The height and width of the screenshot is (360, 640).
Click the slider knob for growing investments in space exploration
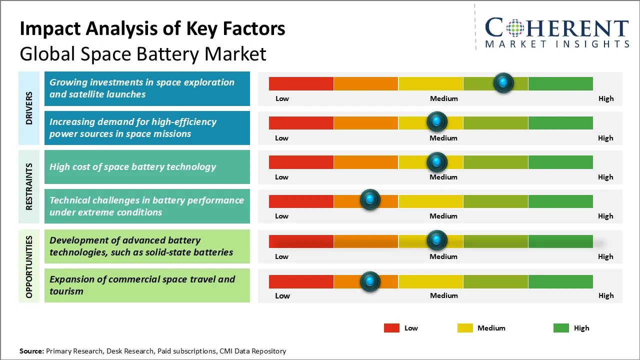point(503,82)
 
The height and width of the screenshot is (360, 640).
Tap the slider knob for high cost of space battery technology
point(437,162)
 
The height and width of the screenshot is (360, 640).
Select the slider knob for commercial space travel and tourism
point(370,281)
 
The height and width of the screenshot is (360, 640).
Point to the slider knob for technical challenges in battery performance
point(370,200)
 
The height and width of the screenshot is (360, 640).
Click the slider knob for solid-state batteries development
point(437,240)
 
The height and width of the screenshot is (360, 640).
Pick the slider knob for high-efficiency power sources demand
point(437,121)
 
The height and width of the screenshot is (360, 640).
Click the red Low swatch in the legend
point(391,328)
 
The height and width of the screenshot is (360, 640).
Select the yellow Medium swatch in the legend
point(465,328)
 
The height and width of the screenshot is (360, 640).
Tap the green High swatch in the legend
point(561,328)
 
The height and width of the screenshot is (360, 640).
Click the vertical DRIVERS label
point(29,108)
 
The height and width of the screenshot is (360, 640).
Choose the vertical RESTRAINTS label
point(29,186)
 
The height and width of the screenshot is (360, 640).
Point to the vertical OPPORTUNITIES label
point(29,266)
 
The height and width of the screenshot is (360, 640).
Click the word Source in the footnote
point(31,351)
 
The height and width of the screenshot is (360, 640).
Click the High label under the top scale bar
point(605,98)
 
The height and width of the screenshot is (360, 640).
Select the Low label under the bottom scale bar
point(282,295)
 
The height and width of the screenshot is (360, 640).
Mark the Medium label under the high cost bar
point(443,177)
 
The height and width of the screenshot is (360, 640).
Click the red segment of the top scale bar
point(301,83)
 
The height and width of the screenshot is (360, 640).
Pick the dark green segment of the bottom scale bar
point(560,281)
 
